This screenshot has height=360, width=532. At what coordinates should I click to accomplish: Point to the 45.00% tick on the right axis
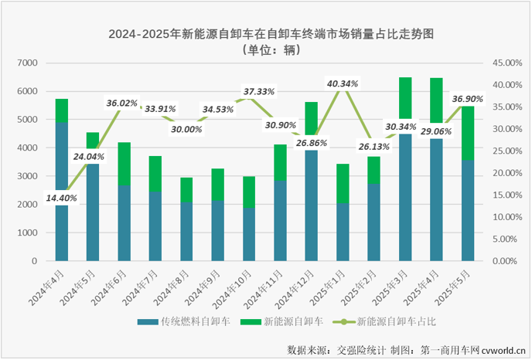coord(508,63)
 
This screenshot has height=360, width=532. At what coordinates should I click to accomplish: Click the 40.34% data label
coord(343,83)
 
